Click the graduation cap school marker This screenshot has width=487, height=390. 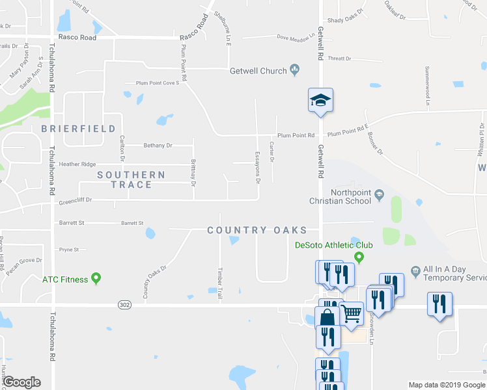tap(320, 100)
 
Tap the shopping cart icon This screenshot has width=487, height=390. tap(352, 314)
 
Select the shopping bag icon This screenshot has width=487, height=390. tap(327, 318)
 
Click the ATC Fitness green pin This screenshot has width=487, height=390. tap(96, 279)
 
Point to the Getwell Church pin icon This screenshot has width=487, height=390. tap(294, 70)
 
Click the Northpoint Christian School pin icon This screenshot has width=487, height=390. tap(379, 196)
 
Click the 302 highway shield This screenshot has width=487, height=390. tap(125, 304)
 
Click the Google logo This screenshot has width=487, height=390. tap(21, 382)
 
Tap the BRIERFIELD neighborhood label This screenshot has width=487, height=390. tap(79, 129)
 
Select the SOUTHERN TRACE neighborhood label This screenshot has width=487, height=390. tap(131, 179)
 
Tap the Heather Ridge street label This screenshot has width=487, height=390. tap(77, 164)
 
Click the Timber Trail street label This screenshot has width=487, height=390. tap(219, 285)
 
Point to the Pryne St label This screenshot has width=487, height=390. tap(68, 249)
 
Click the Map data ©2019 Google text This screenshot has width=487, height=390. tap(446, 385)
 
